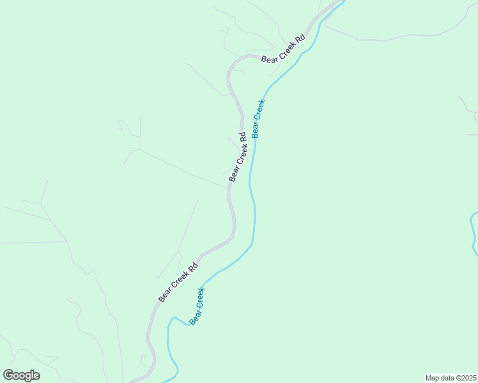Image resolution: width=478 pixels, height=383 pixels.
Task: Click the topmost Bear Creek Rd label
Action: (x=284, y=48)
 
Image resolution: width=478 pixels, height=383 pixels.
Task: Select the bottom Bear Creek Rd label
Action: (x=178, y=280)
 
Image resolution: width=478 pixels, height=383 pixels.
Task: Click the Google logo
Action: (x=21, y=375)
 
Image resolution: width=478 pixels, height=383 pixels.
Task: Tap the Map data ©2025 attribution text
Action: (x=451, y=377)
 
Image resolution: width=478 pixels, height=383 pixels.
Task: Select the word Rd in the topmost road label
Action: (x=301, y=38)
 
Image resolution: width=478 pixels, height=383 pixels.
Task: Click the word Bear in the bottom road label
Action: (x=164, y=295)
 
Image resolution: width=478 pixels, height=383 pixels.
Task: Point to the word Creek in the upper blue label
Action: (x=259, y=112)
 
